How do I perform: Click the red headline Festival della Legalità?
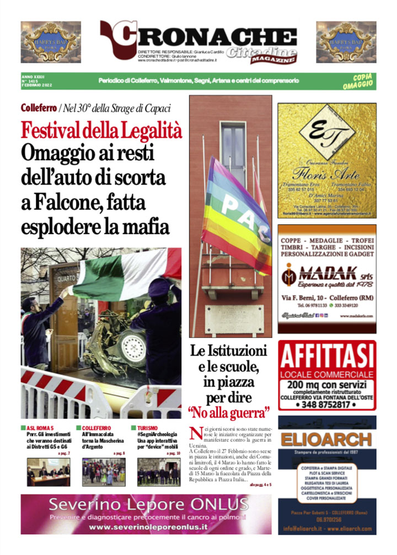click(x=101, y=131)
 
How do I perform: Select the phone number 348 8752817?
click(x=327, y=404)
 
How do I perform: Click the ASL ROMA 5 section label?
click(x=40, y=428)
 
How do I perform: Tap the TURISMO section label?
click(x=147, y=428)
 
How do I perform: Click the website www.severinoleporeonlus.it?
click(x=146, y=527)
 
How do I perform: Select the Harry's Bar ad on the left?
click(x=51, y=42)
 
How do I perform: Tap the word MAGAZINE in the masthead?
click(x=272, y=58)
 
